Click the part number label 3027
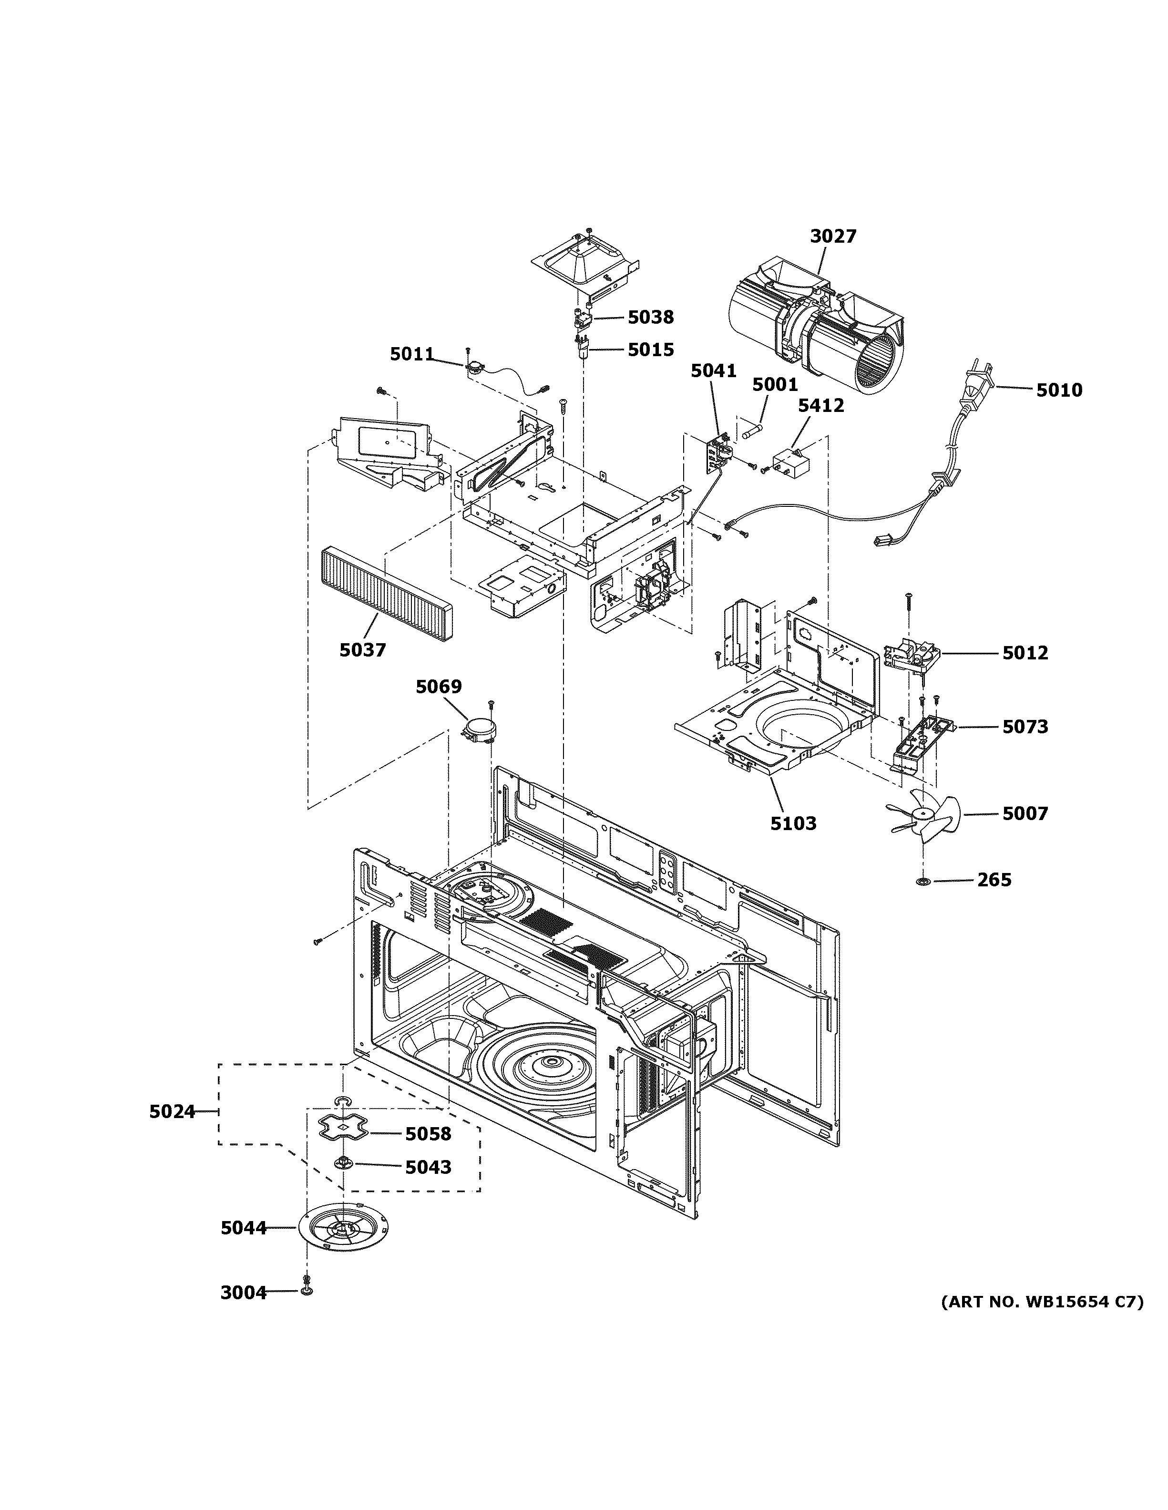pyautogui.click(x=833, y=236)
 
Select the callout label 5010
pyautogui.click(x=1059, y=390)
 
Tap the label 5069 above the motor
pyautogui.click(x=438, y=687)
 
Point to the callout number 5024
pyautogui.click(x=172, y=1112)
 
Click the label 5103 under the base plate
pyautogui.click(x=793, y=823)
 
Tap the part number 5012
pyautogui.click(x=1025, y=653)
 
